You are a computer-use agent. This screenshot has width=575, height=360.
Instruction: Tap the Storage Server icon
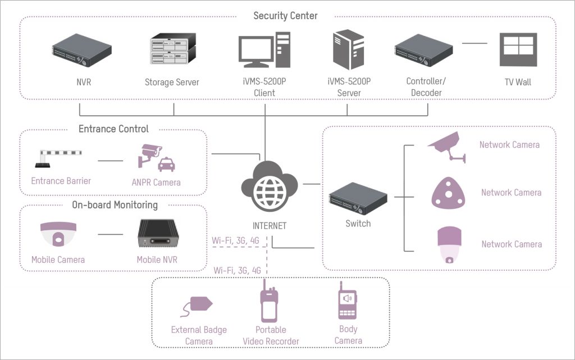click(x=172, y=49)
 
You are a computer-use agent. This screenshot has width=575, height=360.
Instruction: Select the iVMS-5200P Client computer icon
click(x=264, y=51)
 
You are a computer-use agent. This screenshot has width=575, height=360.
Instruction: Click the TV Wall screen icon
click(x=518, y=50)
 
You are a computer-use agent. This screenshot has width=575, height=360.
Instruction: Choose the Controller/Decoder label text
click(x=424, y=87)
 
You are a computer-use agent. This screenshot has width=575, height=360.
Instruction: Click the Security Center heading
click(x=285, y=16)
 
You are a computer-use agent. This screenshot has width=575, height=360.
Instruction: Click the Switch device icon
click(x=358, y=198)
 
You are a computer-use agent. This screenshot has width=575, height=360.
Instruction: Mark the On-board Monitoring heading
click(x=115, y=205)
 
